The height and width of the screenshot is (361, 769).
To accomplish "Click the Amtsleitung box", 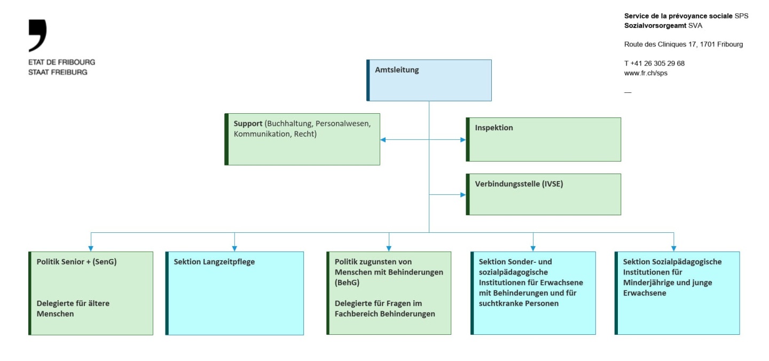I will coord(429,80).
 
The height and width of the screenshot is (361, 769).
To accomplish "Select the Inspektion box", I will coord(544,139).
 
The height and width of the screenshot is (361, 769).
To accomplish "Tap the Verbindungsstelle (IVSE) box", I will coord(544,194).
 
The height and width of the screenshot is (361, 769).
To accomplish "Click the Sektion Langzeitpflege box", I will coord(235,293).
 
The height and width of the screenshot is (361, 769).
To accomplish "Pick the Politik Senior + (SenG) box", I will coord(91,293).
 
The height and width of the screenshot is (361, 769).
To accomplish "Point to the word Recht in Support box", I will coord(305,134).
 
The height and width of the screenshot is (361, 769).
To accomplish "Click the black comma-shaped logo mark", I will coord(37,35).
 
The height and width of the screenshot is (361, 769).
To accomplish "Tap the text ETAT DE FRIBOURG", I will coord(61,62).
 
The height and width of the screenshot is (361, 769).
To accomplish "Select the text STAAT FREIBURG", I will coord(58,72).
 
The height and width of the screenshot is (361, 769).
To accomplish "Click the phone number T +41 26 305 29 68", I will coord(654,63).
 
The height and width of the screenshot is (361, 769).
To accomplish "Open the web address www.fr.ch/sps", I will coord(646,73).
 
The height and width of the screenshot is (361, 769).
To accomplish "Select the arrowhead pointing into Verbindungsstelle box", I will coord(462,195).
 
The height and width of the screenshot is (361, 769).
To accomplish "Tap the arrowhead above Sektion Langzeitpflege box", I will coord(234,248).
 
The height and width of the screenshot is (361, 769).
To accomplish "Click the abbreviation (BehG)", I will coord(347,282).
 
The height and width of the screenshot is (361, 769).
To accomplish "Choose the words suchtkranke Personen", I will coord(519,303).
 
